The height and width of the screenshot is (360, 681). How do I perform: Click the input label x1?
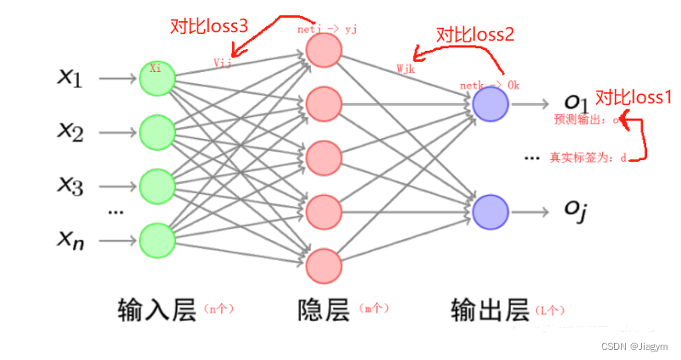pyautogui.click(x=69, y=78)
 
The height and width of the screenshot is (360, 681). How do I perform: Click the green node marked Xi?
pyautogui.click(x=157, y=78)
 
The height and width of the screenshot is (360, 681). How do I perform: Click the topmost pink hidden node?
pyautogui.click(x=323, y=51)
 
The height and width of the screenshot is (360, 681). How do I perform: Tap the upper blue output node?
pyautogui.click(x=490, y=104)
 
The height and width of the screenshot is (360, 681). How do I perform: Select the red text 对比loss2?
pyautogui.click(x=475, y=35)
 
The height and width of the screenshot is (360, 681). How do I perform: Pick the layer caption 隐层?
pyautogui.click(x=324, y=311)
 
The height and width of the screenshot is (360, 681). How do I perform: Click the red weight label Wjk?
pyautogui.click(x=405, y=68)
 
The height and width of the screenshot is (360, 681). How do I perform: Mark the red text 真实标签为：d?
pyautogui.click(x=588, y=158)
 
